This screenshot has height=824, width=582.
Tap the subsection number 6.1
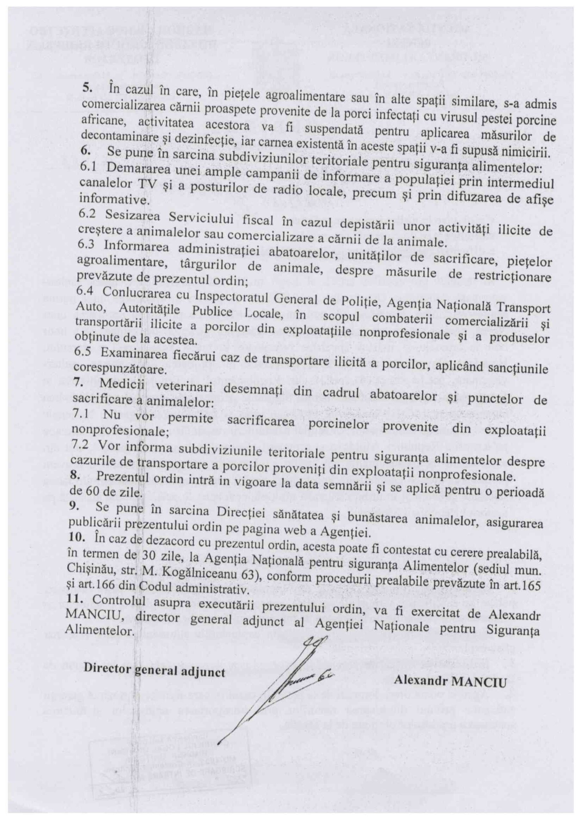84,166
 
